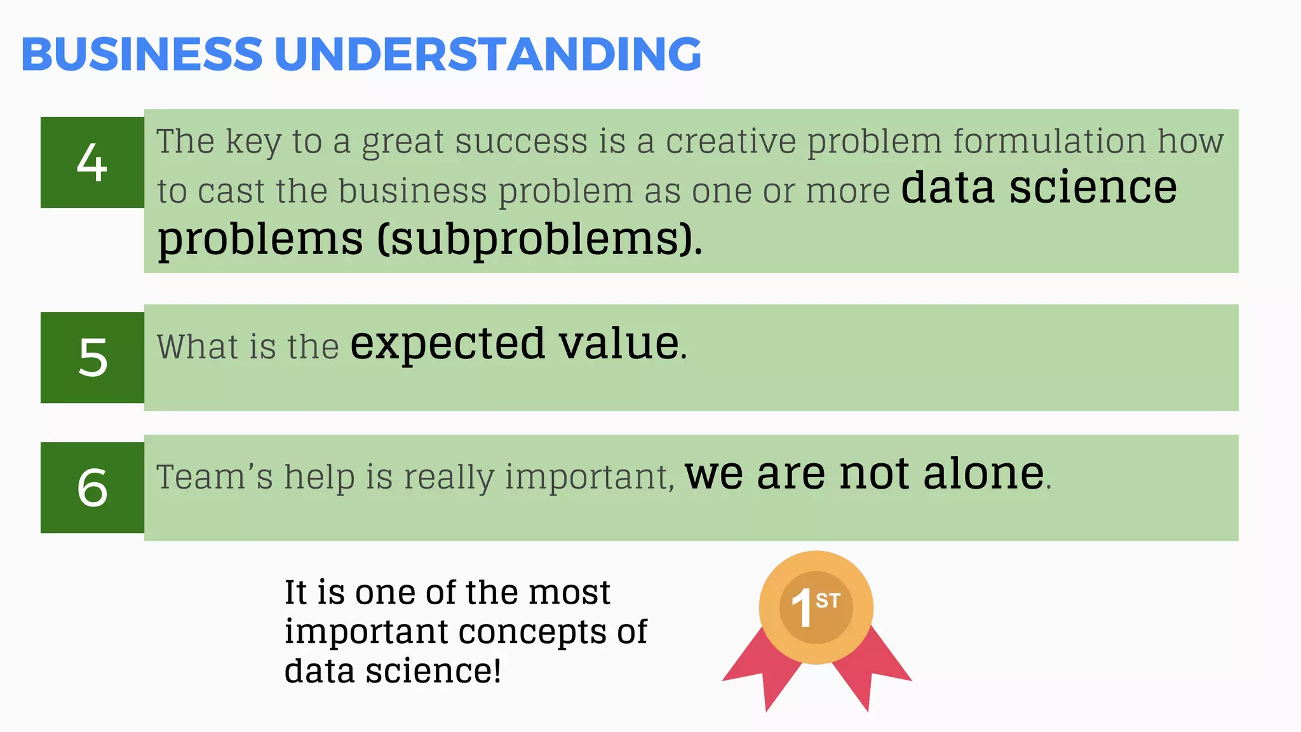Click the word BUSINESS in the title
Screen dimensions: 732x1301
pos(142,54)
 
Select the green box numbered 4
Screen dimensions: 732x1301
pos(92,163)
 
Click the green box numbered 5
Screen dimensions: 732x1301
pos(92,357)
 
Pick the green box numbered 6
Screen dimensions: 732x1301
pos(92,487)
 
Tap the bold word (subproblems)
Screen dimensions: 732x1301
pos(540,240)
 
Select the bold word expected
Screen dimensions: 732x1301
pos(447,344)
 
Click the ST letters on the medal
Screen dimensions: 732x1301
pos(828,600)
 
